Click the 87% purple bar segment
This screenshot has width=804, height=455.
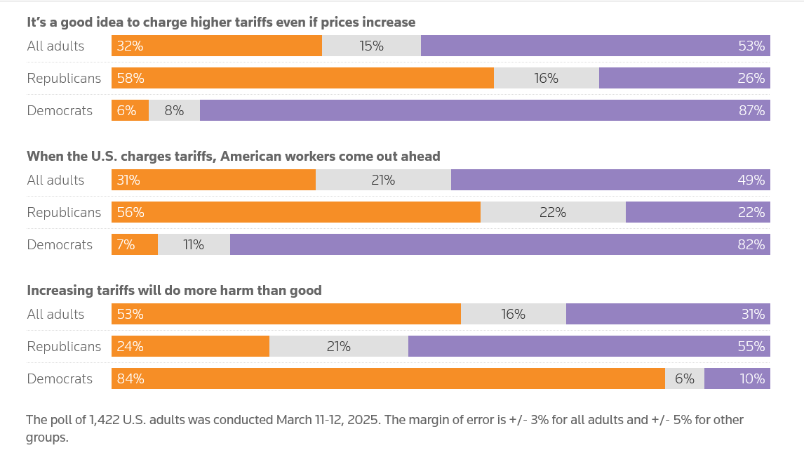pyautogui.click(x=484, y=110)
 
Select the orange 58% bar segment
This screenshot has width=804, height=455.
pyautogui.click(x=302, y=78)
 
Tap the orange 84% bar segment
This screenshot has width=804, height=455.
pyautogui.click(x=388, y=378)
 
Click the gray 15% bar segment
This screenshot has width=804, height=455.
pyautogui.click(x=371, y=46)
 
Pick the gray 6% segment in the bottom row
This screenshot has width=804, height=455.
pyautogui.click(x=684, y=378)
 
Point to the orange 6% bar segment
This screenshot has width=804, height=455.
pyautogui.click(x=130, y=110)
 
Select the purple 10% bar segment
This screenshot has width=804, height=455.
pyautogui.click(x=737, y=378)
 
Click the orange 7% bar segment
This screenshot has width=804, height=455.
pyautogui.click(x=135, y=244)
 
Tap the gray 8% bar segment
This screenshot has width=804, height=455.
pyautogui.click(x=174, y=110)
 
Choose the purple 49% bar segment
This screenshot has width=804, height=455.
pyautogui.click(x=610, y=180)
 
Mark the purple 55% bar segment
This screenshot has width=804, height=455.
pyautogui.click(x=589, y=346)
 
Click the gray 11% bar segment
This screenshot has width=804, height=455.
pyautogui.click(x=194, y=244)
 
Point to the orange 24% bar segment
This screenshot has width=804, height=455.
pyautogui.click(x=190, y=346)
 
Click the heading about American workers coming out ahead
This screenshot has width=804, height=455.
pyautogui.click(x=234, y=156)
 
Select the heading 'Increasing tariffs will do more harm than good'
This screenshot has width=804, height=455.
pyautogui.click(x=174, y=290)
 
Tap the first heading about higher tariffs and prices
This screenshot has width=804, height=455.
pyautogui.click(x=221, y=22)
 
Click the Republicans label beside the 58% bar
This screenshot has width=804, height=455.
pyautogui.click(x=64, y=78)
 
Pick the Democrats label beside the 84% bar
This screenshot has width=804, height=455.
pyautogui.click(x=60, y=378)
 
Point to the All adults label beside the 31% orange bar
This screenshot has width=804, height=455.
pyautogui.click(x=55, y=180)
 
